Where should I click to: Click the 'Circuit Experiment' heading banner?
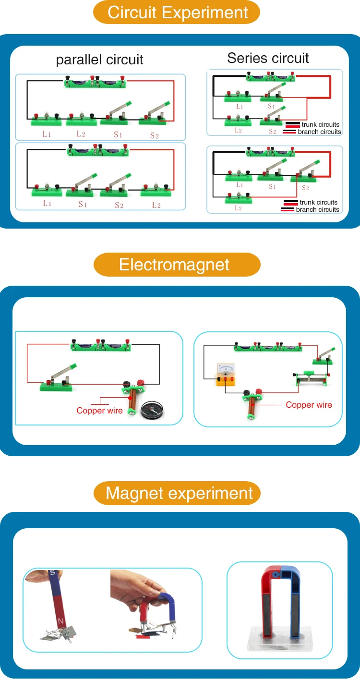point(177,12)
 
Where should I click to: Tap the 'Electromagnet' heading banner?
point(177,265)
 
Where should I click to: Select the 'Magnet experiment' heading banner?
point(177,493)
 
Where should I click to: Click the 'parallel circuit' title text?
point(99,60)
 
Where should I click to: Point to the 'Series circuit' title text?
point(268,58)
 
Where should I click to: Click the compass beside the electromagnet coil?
point(152,410)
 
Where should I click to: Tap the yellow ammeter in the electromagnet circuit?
point(226,374)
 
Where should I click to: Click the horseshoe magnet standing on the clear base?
point(280,602)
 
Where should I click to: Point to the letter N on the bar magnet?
point(60,620)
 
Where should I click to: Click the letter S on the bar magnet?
point(53,572)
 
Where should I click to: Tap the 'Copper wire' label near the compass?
point(99,411)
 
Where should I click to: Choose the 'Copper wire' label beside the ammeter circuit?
point(309,405)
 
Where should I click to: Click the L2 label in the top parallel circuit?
point(81,134)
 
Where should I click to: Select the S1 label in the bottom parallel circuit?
point(83,204)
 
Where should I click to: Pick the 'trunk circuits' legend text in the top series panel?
point(321,124)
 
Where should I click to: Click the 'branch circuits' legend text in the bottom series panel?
point(317,209)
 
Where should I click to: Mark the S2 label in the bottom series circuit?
point(305,188)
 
